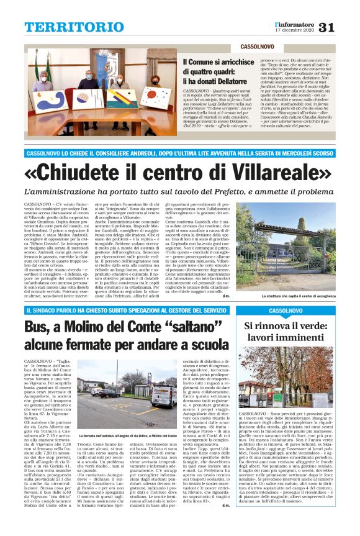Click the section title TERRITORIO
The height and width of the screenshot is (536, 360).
click(x=66, y=27)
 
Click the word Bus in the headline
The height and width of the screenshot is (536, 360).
click(x=38, y=329)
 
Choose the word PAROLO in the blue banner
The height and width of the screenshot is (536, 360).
click(x=74, y=309)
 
